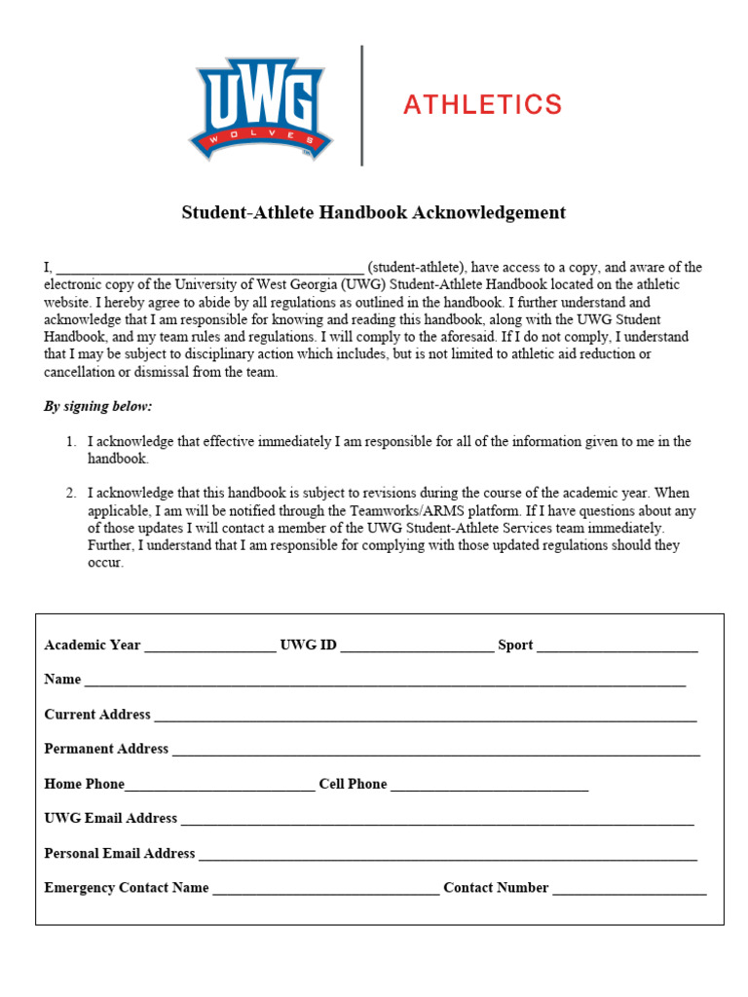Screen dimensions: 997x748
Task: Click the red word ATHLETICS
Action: (x=482, y=105)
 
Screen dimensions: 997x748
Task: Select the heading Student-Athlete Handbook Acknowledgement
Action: (x=373, y=212)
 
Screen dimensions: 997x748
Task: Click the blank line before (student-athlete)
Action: (x=209, y=269)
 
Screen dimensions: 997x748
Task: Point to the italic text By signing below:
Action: (x=97, y=406)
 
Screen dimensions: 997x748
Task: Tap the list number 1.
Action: (x=71, y=441)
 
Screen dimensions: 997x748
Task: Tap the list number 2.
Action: (x=71, y=493)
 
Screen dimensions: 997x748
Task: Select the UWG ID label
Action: (x=308, y=645)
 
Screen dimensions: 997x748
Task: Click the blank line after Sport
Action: (x=617, y=646)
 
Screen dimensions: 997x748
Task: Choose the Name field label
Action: (x=62, y=680)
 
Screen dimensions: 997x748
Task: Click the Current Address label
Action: (x=97, y=715)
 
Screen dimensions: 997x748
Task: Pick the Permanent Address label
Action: (x=106, y=749)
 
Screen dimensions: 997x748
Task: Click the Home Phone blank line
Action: (x=220, y=786)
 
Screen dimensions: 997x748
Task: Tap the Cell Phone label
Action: (x=353, y=784)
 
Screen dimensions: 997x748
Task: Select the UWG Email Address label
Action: (x=111, y=818)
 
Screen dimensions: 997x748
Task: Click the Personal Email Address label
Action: (x=120, y=853)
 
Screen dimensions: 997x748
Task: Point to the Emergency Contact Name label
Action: (x=127, y=888)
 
